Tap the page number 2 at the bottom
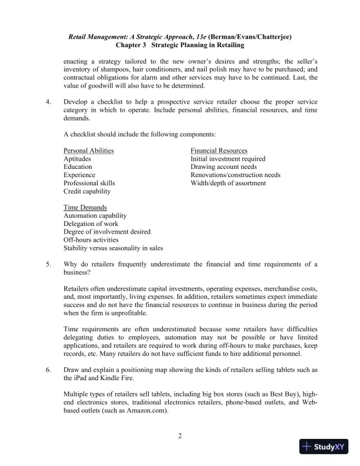180,436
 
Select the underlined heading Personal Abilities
88,151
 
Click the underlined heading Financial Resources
219,151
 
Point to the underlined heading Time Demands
85,208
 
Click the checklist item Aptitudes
77,159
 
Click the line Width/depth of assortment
228,183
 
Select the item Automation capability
95,216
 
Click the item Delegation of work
91,224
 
